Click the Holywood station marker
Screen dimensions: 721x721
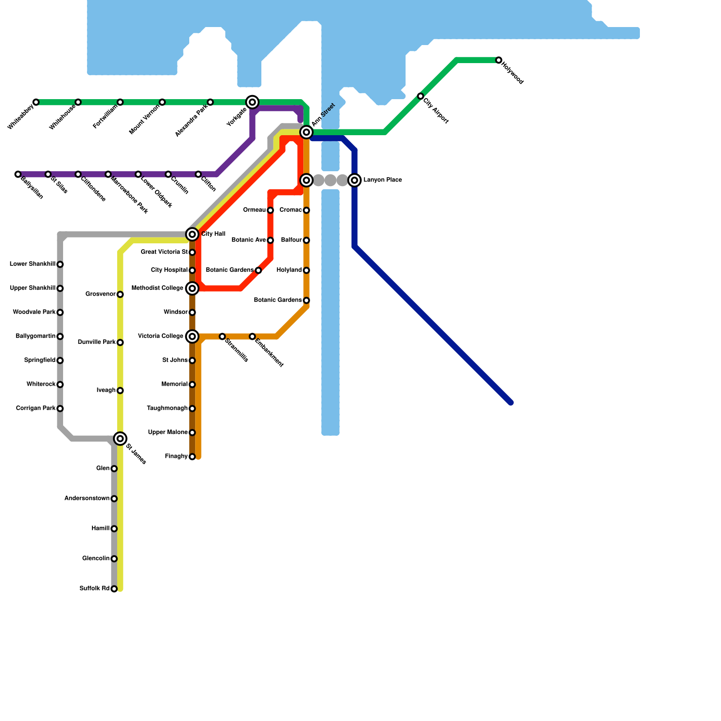[x=498, y=60]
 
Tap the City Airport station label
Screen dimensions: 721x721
[x=436, y=110]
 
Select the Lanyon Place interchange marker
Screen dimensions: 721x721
[x=355, y=180]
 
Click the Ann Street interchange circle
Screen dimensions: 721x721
[x=306, y=132]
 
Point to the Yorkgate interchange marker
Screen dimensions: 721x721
[x=252, y=102]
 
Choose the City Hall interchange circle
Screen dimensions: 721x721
[x=192, y=234]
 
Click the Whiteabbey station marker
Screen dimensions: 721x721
[x=36, y=102]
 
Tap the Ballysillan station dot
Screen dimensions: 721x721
[x=18, y=174]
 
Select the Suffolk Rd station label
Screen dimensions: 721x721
[x=94, y=589]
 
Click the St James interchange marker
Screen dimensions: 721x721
[x=120, y=438]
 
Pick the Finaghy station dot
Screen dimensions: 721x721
[x=192, y=457]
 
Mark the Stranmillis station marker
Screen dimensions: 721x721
[x=222, y=337]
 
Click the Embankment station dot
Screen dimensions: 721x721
[x=252, y=337]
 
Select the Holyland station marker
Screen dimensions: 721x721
[x=306, y=270]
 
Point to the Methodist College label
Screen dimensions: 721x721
[x=157, y=288]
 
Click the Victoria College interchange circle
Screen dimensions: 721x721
[x=192, y=337]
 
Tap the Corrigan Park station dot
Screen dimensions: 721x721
[x=60, y=409]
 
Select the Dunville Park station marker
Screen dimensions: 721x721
[x=120, y=342]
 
